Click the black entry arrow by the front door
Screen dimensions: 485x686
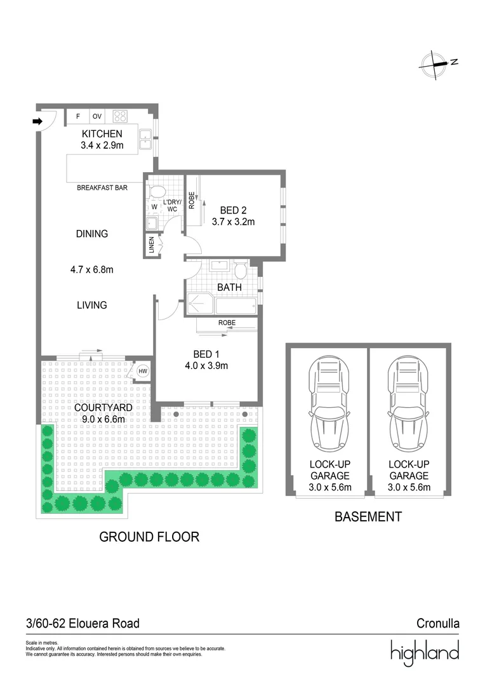tap(38, 121)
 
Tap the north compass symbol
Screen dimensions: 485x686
tap(437, 64)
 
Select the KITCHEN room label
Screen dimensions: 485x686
tap(102, 134)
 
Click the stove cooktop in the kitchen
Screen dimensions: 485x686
tap(120, 116)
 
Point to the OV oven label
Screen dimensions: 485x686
tap(97, 116)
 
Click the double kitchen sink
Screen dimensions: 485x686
tap(145, 140)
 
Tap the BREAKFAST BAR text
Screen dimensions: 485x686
tap(102, 187)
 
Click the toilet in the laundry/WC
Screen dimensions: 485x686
tap(157, 191)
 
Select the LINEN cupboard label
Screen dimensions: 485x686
tap(152, 245)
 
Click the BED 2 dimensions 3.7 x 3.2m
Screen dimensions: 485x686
tap(233, 222)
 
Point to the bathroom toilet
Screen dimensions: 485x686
tap(241, 271)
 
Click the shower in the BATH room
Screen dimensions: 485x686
tap(200, 304)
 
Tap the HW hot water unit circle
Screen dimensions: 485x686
tap(143, 372)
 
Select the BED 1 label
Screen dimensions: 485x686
tap(206, 354)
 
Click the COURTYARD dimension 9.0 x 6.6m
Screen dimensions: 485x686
tap(103, 419)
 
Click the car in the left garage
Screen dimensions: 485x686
tap(329, 404)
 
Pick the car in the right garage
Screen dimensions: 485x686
tap(408, 404)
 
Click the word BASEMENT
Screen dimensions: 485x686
tap(368, 516)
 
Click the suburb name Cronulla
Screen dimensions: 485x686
tap(438, 623)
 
